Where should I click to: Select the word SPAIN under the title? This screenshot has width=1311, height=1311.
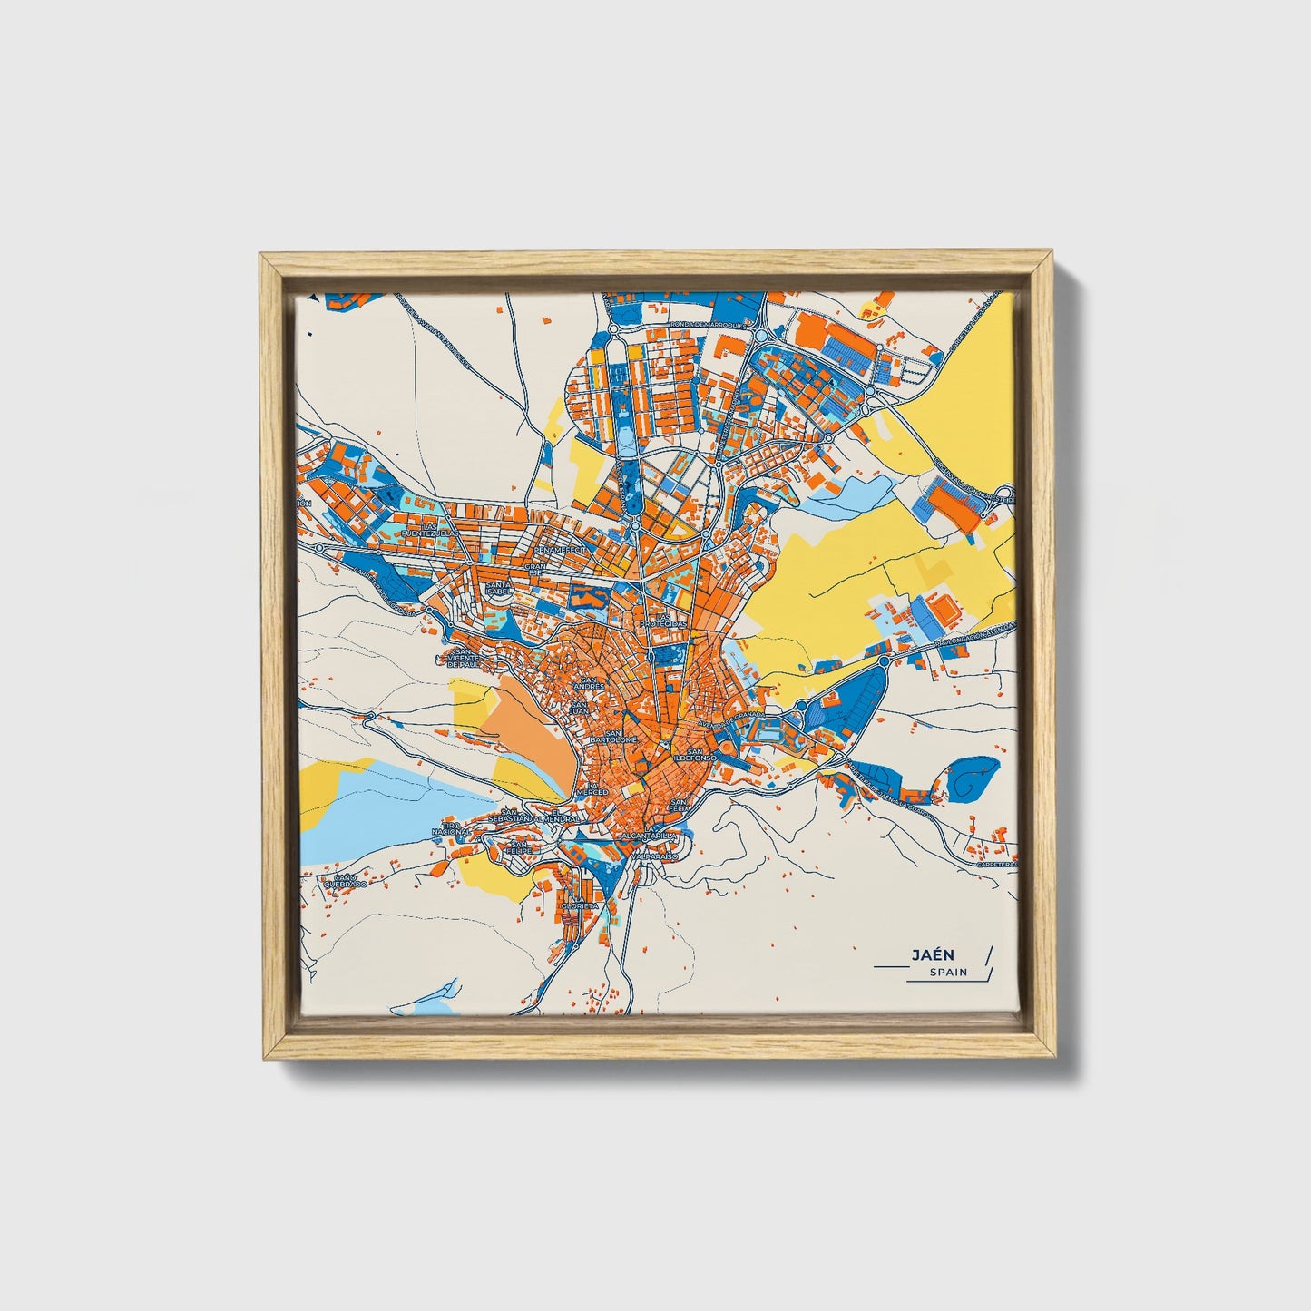click(948, 973)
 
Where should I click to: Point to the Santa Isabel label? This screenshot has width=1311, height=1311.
click(499, 590)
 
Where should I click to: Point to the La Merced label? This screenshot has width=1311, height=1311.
click(594, 788)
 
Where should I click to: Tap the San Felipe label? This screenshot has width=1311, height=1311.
click(518, 848)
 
